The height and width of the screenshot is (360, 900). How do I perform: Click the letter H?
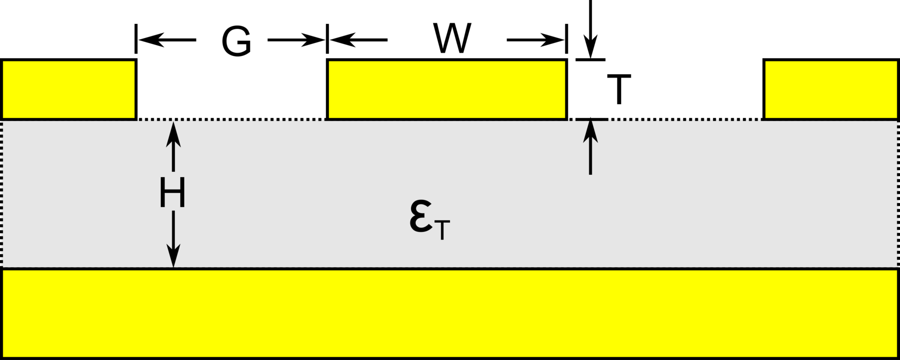pos(172,193)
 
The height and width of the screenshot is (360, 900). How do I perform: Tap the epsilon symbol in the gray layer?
pos(421,217)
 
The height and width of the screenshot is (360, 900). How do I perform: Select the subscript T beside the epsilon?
pos(442,230)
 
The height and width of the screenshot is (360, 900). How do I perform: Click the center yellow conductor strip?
pos(447,89)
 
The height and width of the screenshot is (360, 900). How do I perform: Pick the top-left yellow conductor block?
pos(69,89)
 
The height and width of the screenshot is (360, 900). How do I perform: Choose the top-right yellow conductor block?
pos(831,89)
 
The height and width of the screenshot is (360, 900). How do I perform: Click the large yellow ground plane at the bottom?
pos(450,313)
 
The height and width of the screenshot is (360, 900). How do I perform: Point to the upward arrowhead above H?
pos(173,134)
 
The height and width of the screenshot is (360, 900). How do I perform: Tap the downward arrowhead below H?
pos(173,255)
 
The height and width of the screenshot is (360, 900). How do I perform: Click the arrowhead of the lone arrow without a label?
pos(590,132)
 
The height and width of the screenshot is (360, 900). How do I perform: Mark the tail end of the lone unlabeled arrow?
pos(590,173)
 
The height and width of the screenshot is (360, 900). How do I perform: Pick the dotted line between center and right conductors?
pos(684,120)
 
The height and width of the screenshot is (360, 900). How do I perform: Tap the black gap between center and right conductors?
pos(665,89)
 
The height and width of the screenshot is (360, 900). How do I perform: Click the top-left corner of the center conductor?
pos(330,62)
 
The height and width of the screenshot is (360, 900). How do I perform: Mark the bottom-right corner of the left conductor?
pos(134,117)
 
